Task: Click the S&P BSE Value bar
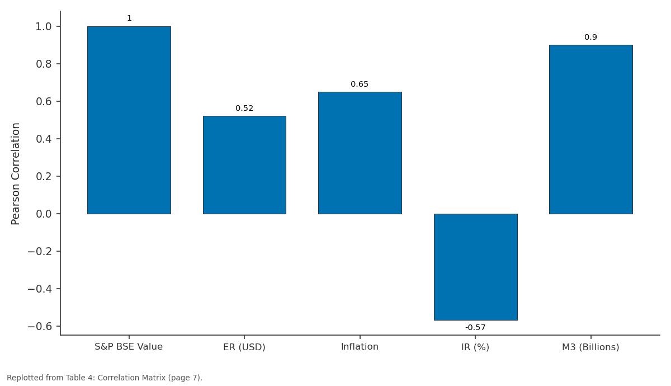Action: click(x=129, y=120)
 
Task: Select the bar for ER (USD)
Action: click(x=244, y=165)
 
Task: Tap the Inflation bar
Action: click(x=360, y=153)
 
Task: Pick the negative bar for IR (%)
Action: click(x=476, y=267)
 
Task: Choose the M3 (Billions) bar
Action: click(x=591, y=129)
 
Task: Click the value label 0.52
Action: click(x=244, y=108)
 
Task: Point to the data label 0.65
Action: click(x=360, y=84)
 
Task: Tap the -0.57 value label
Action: click(x=475, y=328)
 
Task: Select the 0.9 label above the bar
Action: click(x=590, y=37)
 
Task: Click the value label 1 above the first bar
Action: click(x=129, y=18)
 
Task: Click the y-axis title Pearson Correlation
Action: click(x=15, y=174)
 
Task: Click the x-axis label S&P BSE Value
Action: click(x=129, y=347)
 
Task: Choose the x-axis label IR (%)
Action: click(x=475, y=347)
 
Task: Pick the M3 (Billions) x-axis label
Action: click(x=590, y=347)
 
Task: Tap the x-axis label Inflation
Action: click(x=360, y=347)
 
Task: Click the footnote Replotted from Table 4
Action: click(x=105, y=378)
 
